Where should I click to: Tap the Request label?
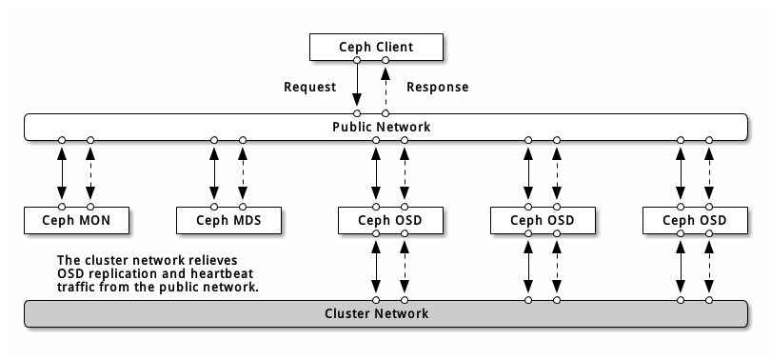(310, 87)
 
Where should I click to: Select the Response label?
(437, 87)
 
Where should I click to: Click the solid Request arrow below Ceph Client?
(357, 87)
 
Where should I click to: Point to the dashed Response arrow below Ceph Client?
(385, 87)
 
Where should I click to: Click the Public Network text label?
(381, 127)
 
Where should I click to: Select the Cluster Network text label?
(376, 313)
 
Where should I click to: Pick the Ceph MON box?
(76, 220)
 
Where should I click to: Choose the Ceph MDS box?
(228, 220)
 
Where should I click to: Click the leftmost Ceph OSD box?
(390, 220)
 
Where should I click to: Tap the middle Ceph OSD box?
(543, 220)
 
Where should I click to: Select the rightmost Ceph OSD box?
(695, 220)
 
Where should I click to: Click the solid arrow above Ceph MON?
(62, 172)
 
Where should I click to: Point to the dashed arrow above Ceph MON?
(90, 172)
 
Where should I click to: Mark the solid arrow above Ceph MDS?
(214, 172)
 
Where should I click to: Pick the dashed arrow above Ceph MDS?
(243, 172)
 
